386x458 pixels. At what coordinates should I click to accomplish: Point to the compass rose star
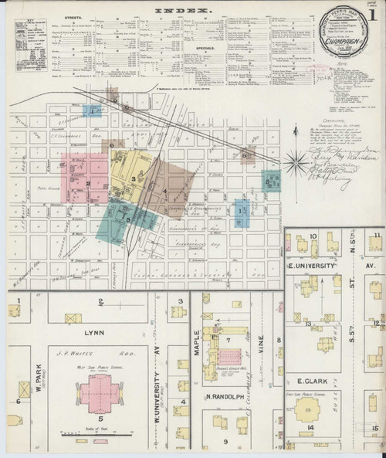[x=294, y=161]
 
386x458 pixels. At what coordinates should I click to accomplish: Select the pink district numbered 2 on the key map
[x=86, y=183]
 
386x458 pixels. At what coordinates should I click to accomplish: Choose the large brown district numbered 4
[x=166, y=189]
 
